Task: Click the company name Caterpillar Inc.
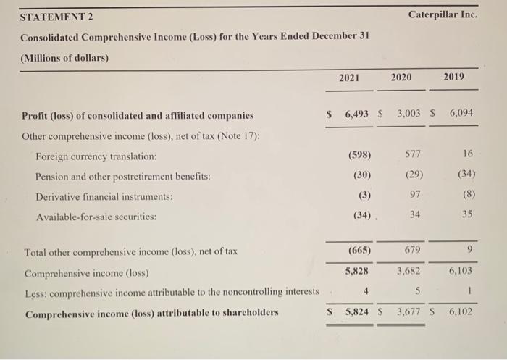(443, 14)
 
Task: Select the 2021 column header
(349, 78)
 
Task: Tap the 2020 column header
(402, 78)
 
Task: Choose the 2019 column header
(454, 78)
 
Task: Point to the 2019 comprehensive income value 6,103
(461, 271)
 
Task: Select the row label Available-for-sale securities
(99, 217)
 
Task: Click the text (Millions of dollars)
(64, 58)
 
